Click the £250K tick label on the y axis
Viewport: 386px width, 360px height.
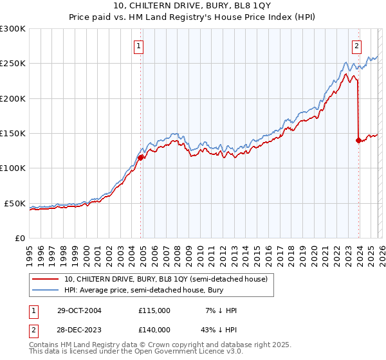click(x=13, y=64)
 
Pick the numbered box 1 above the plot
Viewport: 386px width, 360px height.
click(x=139, y=46)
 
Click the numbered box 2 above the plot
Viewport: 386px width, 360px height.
click(x=356, y=46)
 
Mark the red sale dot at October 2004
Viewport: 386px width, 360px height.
click(x=140, y=157)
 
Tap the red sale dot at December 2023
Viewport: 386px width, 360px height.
click(x=358, y=140)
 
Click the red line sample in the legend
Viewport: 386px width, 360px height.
click(x=45, y=279)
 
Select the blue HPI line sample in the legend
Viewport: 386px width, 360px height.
click(x=45, y=290)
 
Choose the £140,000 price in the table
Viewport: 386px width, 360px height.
click(x=154, y=328)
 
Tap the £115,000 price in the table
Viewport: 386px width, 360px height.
click(x=154, y=310)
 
